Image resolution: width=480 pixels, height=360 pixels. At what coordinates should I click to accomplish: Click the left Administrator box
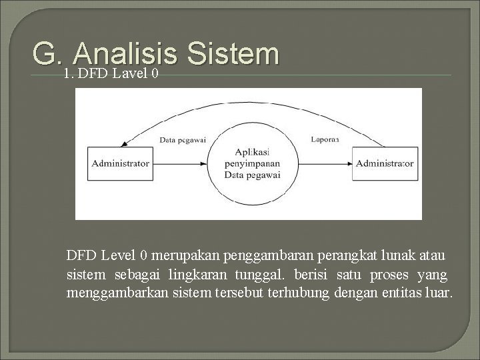click(x=121, y=163)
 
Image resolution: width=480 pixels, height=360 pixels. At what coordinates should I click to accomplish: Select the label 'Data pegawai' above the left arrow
click(x=183, y=140)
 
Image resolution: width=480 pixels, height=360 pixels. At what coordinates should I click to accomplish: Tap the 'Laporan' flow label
click(x=325, y=139)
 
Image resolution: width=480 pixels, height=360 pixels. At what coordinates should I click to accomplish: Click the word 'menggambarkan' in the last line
click(x=110, y=293)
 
